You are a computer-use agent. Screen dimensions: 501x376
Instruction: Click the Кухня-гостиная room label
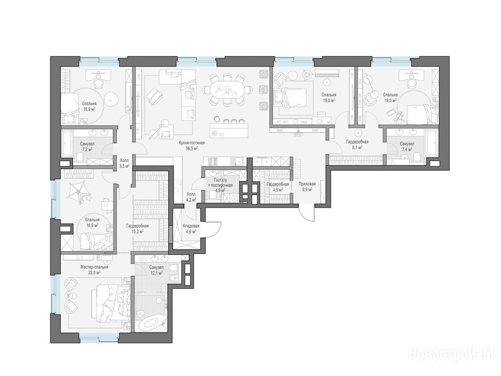coord(191,143)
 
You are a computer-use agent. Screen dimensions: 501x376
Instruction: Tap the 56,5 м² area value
coord(191,148)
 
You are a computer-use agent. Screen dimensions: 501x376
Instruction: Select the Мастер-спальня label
coord(94,267)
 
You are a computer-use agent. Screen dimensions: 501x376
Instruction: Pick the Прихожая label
coord(307,184)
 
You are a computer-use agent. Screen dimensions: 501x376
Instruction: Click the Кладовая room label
coord(191,226)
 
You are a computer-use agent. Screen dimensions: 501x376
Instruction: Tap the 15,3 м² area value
coord(137,231)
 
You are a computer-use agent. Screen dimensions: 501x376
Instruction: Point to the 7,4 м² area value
coord(407,149)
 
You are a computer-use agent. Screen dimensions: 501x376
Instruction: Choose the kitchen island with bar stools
coord(229,128)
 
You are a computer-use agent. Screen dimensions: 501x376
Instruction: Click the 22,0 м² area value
coord(94,272)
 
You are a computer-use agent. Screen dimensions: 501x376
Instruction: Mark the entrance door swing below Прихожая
coord(307,213)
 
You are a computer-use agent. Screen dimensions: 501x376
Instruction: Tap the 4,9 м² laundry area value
coord(220,190)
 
